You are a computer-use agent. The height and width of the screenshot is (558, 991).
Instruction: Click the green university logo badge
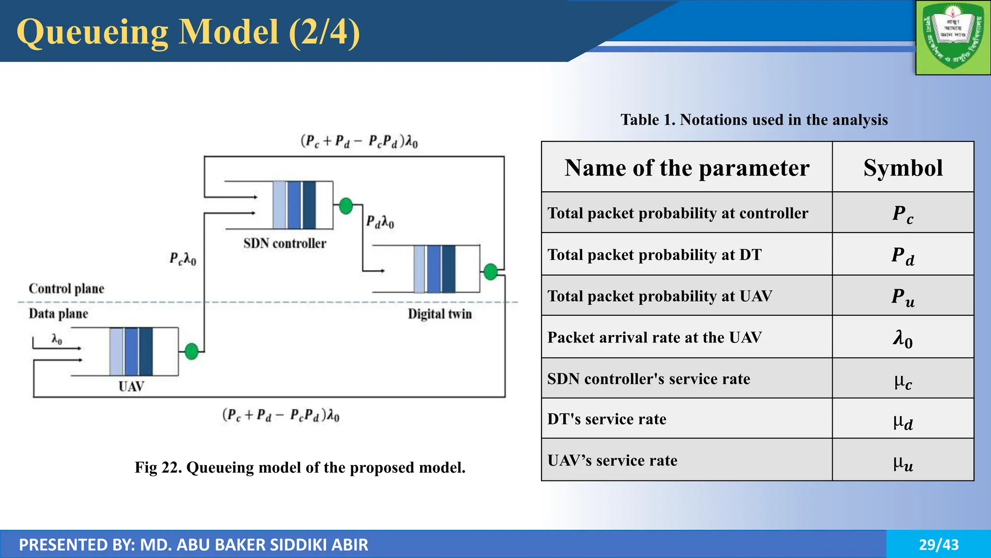tap(953, 38)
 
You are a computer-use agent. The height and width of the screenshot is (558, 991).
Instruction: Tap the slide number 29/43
tap(938, 544)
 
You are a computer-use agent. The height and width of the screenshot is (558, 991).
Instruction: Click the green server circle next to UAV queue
tap(192, 351)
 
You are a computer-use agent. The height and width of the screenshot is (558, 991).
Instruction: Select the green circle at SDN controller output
tap(345, 206)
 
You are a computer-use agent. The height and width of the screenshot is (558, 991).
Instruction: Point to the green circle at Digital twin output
tap(491, 272)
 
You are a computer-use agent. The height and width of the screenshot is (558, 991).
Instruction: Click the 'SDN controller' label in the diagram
tap(285, 243)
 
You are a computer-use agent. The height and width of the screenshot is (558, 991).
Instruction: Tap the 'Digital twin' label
tap(439, 314)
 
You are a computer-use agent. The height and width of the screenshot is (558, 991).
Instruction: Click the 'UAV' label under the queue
tap(131, 387)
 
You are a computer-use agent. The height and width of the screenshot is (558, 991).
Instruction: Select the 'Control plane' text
tap(66, 289)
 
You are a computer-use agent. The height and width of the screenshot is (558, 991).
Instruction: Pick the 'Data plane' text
tap(58, 314)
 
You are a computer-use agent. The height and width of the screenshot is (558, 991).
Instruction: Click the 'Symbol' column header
tap(902, 168)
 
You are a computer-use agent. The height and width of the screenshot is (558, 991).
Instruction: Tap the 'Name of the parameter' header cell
tap(687, 168)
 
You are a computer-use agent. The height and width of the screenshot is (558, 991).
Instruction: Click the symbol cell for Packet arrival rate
tap(902, 338)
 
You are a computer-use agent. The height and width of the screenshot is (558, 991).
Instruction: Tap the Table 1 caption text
tap(754, 120)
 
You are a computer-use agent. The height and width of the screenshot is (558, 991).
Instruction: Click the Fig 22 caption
tap(300, 467)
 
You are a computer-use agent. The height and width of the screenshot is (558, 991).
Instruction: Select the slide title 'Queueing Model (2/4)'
tap(188, 32)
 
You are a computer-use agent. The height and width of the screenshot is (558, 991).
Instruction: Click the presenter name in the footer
tap(194, 544)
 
